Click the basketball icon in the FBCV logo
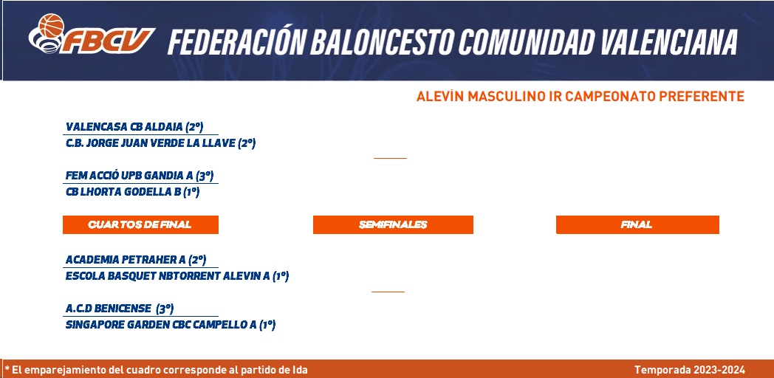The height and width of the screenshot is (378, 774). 52,25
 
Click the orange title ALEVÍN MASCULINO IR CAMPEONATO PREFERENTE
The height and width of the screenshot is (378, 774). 580,96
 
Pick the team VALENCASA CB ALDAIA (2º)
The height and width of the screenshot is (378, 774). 134,127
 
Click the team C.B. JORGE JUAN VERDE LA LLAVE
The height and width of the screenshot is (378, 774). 160,144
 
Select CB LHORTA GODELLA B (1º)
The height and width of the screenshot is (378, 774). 132,192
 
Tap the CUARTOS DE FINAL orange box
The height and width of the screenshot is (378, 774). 140,224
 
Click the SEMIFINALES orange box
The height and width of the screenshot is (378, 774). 393,224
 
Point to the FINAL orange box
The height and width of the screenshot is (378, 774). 637,224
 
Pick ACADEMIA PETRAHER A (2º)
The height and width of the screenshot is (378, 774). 136,260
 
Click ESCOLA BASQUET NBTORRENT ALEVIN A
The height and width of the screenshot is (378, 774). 177,276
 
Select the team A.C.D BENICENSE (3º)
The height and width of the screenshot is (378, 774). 120,309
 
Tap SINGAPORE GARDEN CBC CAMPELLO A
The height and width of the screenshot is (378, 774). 171,325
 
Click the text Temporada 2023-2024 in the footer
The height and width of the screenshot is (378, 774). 690,370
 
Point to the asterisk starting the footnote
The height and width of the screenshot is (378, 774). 7,368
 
